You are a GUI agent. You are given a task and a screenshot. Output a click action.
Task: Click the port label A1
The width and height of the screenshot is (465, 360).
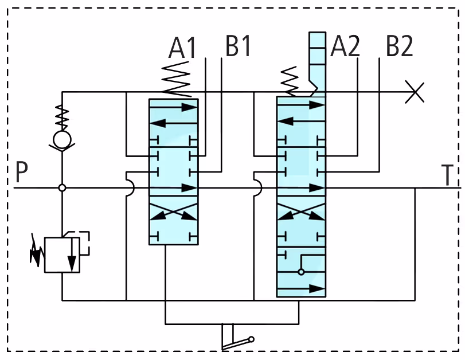coord(182,48)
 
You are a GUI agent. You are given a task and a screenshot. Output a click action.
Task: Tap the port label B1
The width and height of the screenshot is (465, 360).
coord(238,46)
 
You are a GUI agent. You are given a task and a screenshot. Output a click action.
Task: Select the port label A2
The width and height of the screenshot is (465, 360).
coord(345,46)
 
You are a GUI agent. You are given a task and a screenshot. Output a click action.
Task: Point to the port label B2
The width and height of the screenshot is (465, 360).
coord(399,46)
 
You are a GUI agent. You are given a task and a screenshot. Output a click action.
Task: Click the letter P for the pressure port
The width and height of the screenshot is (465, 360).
coord(21,172)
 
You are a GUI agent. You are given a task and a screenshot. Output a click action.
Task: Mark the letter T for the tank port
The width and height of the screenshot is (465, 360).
coord(447,175)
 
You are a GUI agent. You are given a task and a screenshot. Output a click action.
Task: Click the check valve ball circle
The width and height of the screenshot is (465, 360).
coord(62,139)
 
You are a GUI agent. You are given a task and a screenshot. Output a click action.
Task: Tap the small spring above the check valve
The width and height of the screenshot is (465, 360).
coord(62,118)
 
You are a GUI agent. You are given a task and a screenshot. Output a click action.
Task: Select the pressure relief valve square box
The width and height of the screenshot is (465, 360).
coord(62,255)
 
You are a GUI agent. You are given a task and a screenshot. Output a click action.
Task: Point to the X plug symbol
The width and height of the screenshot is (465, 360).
coord(415,92)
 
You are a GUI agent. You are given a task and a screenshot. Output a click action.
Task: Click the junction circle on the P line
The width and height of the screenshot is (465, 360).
coord(62,187)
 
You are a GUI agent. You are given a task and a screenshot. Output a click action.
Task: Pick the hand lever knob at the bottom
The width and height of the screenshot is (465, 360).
coord(251,339)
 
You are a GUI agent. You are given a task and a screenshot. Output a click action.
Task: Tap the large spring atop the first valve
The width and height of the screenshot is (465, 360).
coord(176,79)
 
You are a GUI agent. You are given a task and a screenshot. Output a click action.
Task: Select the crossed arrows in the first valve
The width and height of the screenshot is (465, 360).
coord(174,212)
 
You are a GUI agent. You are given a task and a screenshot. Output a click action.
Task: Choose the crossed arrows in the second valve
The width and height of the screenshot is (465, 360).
coord(301,212)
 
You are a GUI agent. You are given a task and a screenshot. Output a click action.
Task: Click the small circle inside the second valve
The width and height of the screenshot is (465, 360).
coord(301,272)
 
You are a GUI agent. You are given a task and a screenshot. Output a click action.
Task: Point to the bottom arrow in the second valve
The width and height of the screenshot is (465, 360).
coord(301,288)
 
